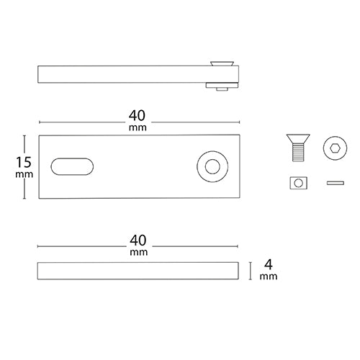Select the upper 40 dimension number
(137, 116)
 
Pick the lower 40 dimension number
(138, 240)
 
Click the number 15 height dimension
(24, 162)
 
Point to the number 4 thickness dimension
(269, 265)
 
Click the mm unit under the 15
(24, 174)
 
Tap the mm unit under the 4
(269, 276)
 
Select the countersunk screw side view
(298, 148)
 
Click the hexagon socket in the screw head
(335, 148)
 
